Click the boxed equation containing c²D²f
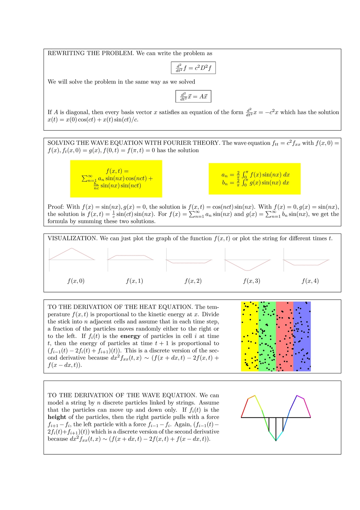coord(193,68)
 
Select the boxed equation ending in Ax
coord(193,96)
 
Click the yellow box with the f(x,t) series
coord(116,179)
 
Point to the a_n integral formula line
coord(255,175)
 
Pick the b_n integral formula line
coord(255,183)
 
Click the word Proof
coord(55,207)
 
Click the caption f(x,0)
coord(76,281)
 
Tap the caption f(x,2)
coord(193,281)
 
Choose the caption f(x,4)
coord(310,281)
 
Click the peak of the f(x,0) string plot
coord(72,248)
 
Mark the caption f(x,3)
coord(252,281)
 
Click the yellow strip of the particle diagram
coord(250,336)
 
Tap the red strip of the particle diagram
coord(284,336)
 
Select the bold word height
coord(57,417)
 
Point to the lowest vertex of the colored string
coord(276,441)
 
